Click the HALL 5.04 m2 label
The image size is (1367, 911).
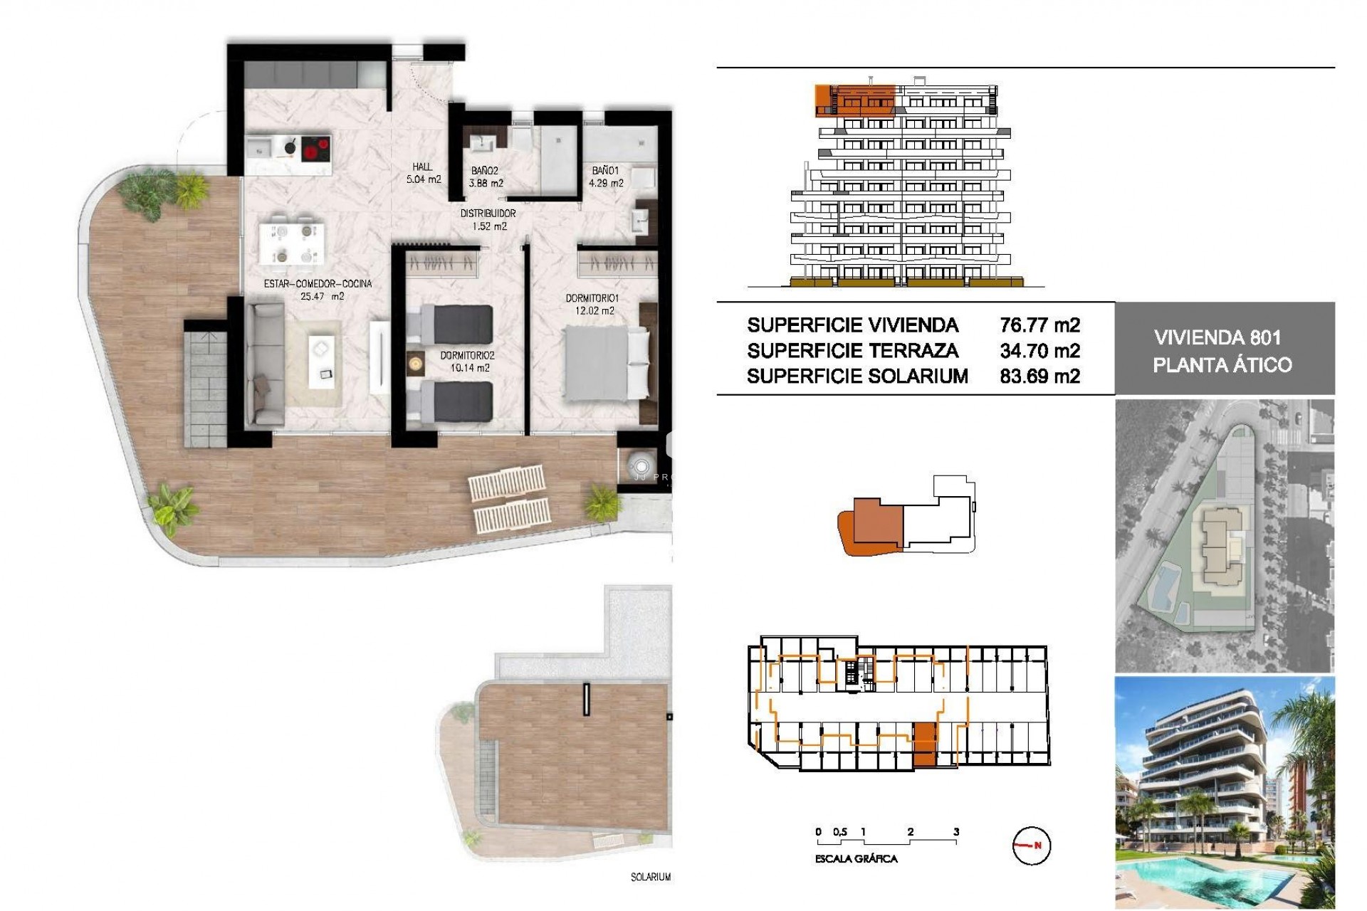click(423, 174)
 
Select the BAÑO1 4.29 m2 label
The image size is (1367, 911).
click(606, 177)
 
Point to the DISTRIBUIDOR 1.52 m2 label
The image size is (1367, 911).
click(488, 220)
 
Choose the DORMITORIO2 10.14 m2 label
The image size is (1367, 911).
click(467, 362)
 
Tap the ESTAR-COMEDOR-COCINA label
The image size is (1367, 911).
click(318, 290)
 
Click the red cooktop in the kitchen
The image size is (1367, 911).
click(315, 150)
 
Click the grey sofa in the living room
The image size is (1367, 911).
click(264, 364)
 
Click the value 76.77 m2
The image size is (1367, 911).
click(1039, 326)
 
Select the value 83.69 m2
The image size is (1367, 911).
click(1039, 376)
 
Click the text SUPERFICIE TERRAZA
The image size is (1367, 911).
click(852, 351)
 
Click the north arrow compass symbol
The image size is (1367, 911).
click(1031, 846)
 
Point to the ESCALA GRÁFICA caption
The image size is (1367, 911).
click(856, 859)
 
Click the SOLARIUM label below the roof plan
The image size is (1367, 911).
click(650, 878)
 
